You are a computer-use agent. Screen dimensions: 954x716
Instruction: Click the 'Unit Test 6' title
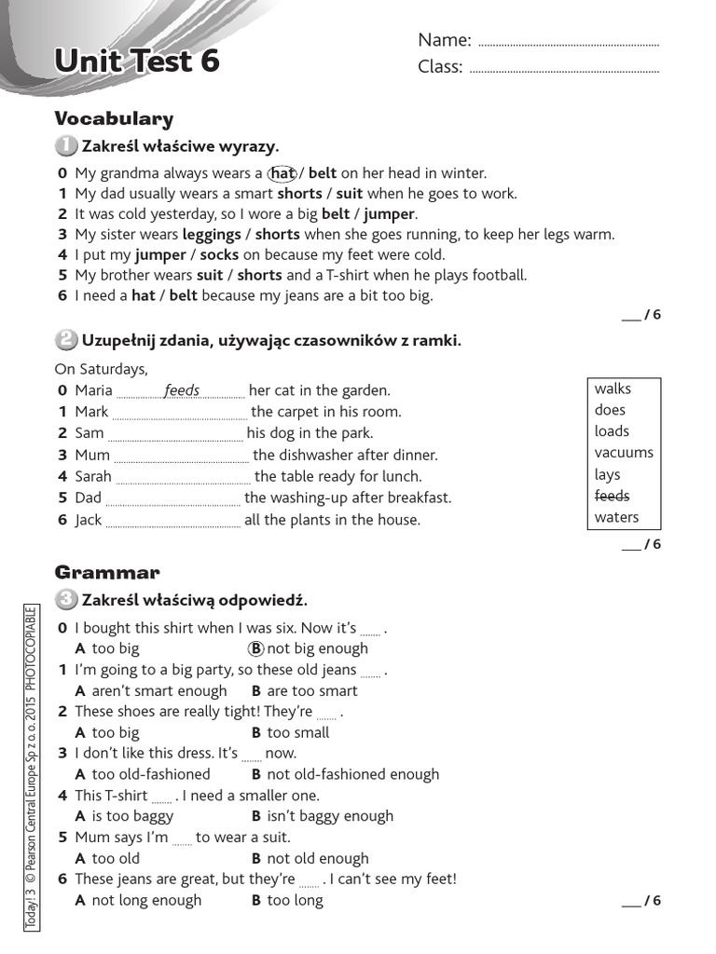[x=137, y=61]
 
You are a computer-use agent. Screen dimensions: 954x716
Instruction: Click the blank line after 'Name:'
[x=567, y=44]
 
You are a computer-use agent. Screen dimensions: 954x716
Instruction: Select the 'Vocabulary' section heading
[x=114, y=118]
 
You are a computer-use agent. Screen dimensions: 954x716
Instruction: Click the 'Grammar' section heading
[x=107, y=572]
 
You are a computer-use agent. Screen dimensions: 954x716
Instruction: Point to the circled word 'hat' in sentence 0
[x=282, y=173]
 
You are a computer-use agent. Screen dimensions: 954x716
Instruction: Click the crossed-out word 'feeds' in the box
[x=612, y=496]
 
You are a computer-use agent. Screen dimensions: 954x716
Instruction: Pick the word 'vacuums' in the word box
[x=624, y=453]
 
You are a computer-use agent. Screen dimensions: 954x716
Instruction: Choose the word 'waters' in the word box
[x=616, y=517]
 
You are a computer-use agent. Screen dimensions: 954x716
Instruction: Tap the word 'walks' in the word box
[x=613, y=388]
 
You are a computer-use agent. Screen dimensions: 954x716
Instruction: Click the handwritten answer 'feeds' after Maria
[x=182, y=390]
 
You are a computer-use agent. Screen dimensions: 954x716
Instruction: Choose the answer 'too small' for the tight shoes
[x=297, y=732]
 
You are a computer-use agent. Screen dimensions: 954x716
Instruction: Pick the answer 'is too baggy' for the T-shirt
[x=132, y=816]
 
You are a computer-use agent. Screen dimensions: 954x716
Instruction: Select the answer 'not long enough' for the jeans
[x=146, y=900]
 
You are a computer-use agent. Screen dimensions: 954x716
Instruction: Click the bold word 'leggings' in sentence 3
[x=212, y=235]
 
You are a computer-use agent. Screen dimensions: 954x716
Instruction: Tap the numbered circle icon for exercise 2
[x=66, y=340]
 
